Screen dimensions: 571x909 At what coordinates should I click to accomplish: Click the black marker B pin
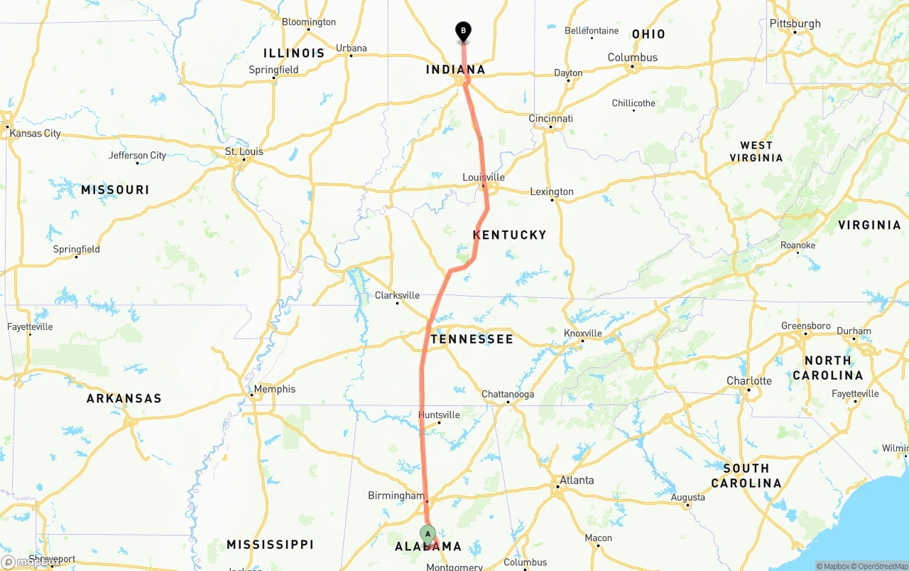(463, 31)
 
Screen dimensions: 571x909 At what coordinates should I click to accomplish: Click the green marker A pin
(428, 534)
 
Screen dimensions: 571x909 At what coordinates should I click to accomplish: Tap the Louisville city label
(484, 177)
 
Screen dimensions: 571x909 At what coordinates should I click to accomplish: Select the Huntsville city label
(439, 415)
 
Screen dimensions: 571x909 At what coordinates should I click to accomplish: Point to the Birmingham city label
(396, 496)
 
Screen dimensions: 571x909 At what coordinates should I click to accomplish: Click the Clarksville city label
(397, 295)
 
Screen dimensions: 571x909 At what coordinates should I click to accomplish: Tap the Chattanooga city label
(508, 394)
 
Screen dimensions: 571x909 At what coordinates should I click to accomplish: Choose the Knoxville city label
(582, 333)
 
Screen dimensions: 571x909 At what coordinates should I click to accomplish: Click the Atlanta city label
(577, 480)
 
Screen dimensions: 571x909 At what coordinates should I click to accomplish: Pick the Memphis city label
(275, 389)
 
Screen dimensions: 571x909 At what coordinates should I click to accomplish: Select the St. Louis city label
(244, 151)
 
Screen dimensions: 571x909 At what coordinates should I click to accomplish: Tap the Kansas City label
(35, 133)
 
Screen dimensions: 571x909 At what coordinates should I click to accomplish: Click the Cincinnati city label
(550, 119)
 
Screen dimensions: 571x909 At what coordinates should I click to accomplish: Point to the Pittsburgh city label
(795, 23)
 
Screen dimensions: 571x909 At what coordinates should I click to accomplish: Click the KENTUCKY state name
(510, 235)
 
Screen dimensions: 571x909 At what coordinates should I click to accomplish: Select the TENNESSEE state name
(472, 339)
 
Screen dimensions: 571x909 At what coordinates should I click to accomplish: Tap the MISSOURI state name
(115, 190)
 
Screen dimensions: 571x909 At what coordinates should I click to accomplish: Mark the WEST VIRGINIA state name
(756, 151)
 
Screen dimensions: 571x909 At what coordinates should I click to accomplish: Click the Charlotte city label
(749, 380)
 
